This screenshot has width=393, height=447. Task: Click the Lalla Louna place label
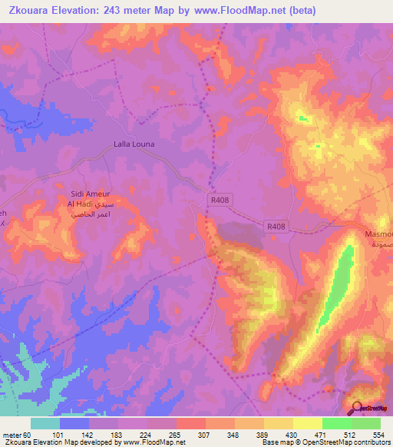pyautogui.click(x=134, y=144)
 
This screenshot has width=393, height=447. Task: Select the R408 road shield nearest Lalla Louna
pyautogui.click(x=220, y=200)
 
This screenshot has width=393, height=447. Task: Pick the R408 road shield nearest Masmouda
pyautogui.click(x=277, y=227)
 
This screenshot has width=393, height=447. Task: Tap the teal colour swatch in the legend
pyautogui.click(x=45, y=423)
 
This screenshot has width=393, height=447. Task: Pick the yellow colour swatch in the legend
pyautogui.click(x=307, y=423)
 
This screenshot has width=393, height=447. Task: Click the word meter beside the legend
pyautogui.click(x=12, y=434)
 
